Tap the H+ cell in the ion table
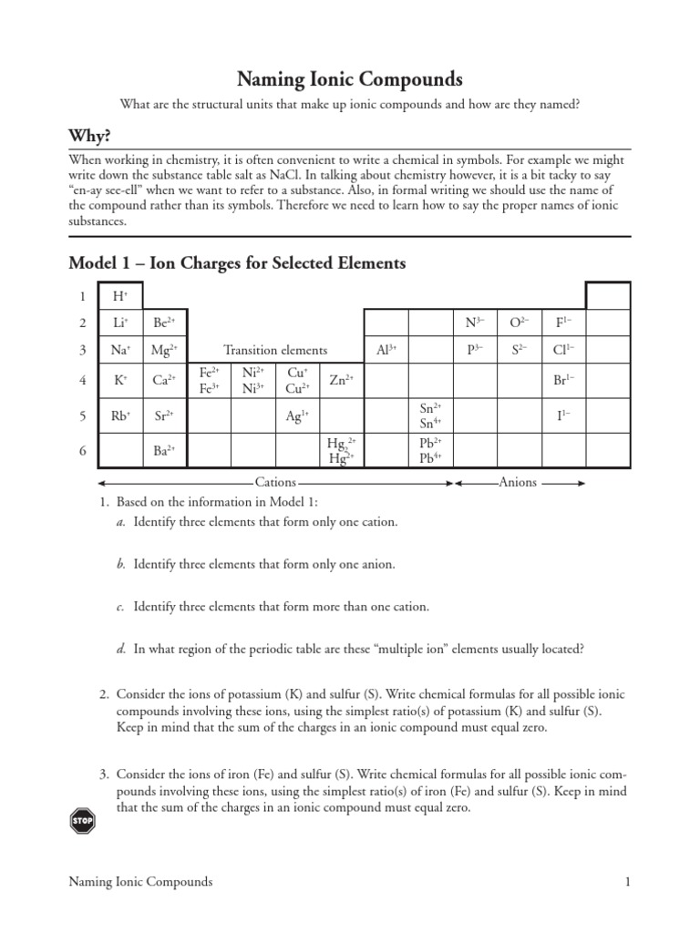pos(120,296)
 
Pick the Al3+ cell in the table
pos(386,350)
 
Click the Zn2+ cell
pos(341,380)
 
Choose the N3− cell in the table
pos(474,323)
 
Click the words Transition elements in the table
pos(275,350)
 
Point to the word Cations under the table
pos(275,483)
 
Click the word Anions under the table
pos(518,483)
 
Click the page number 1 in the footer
pos(628,882)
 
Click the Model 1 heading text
pos(237,264)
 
